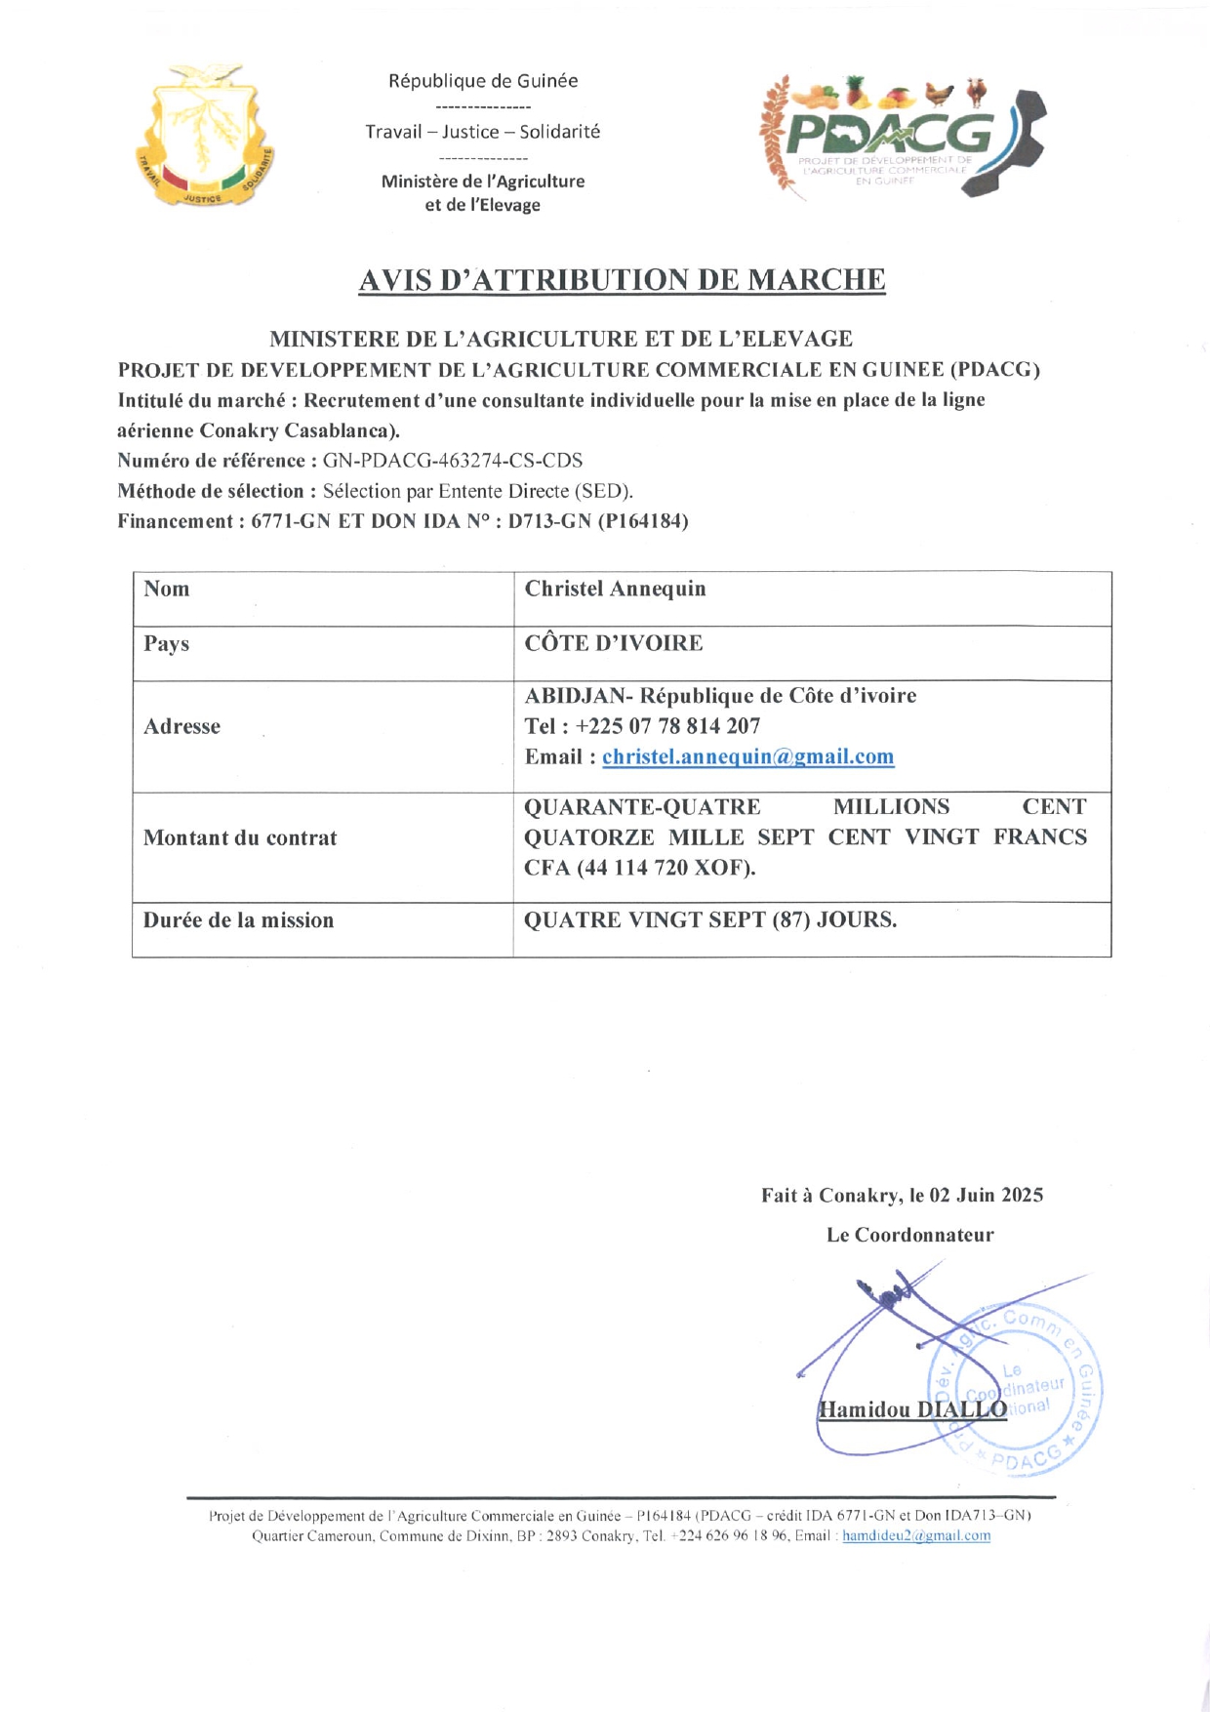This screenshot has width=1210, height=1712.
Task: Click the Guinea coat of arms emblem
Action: pyautogui.click(x=205, y=137)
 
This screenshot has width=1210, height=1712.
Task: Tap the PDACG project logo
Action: pyautogui.click(x=902, y=137)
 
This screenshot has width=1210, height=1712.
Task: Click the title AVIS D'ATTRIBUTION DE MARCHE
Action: pyautogui.click(x=622, y=280)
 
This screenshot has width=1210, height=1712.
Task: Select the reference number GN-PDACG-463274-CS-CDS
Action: pyautogui.click(x=452, y=461)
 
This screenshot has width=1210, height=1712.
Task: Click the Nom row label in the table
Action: pyautogui.click(x=167, y=589)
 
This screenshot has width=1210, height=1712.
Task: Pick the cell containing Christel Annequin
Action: pyautogui.click(x=615, y=589)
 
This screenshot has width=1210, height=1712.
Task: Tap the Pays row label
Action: pyautogui.click(x=167, y=644)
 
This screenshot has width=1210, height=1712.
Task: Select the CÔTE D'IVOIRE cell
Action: pyautogui.click(x=613, y=643)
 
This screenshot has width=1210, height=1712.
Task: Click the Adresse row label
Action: pyautogui.click(x=181, y=726)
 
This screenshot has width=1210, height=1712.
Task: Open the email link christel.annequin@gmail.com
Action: pyautogui.click(x=747, y=756)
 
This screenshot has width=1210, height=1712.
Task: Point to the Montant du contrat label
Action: pyautogui.click(x=240, y=837)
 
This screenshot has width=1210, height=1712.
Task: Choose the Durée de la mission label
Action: pyautogui.click(x=238, y=920)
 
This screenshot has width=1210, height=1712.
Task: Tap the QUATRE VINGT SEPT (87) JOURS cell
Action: pyautogui.click(x=710, y=920)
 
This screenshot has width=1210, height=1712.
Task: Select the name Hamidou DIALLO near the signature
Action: pyautogui.click(x=911, y=1409)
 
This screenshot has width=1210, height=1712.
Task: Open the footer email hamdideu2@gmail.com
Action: pyautogui.click(x=915, y=1535)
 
